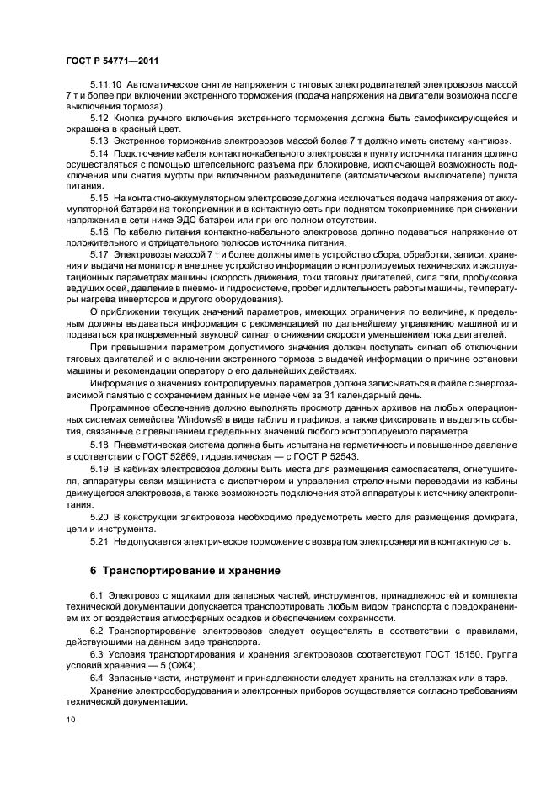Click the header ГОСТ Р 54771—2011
(111, 61)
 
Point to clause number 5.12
(99, 119)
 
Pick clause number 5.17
(99, 255)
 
